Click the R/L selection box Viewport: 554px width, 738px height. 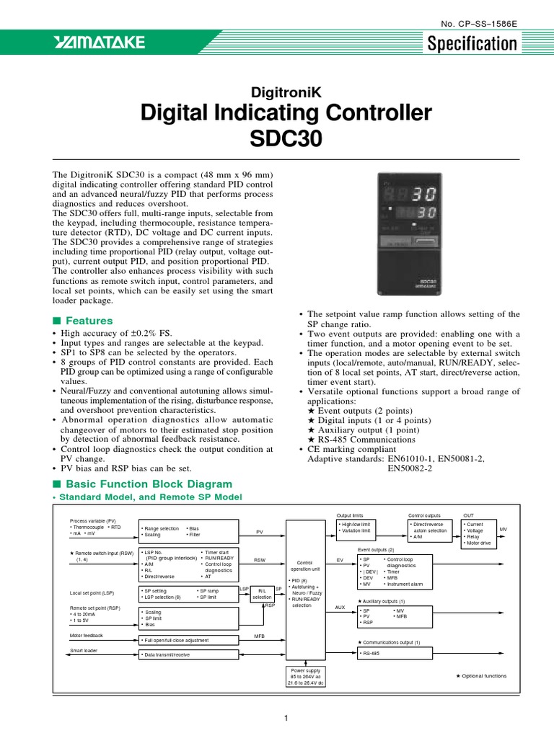pyautogui.click(x=262, y=593)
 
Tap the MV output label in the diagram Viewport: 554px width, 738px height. pyautogui.click(x=503, y=529)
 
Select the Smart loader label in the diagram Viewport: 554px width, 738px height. pyautogui.click(x=84, y=651)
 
